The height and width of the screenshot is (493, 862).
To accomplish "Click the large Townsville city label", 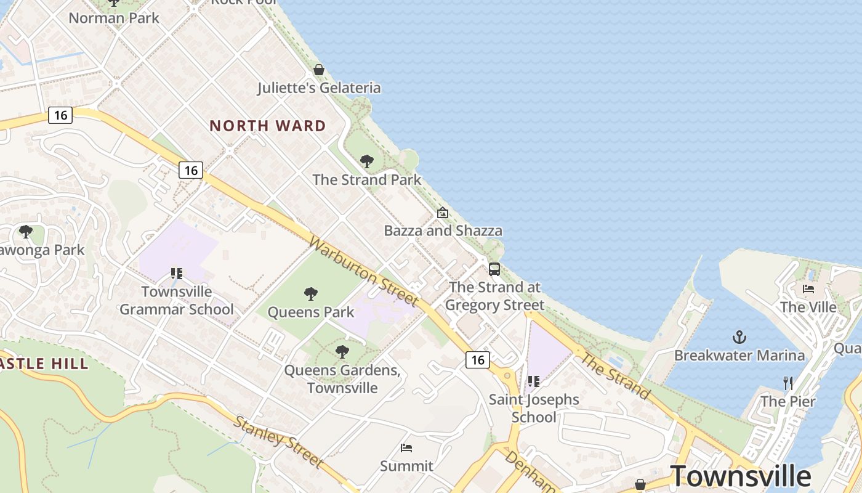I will pyautogui.click(x=740, y=476).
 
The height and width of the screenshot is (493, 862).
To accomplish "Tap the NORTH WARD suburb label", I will pyautogui.click(x=268, y=126).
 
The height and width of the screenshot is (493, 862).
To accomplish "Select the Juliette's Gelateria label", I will pyautogui.click(x=319, y=88).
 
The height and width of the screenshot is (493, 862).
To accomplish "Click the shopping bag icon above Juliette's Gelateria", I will pyautogui.click(x=319, y=70).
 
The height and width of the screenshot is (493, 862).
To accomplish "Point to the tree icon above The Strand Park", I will pyautogui.click(x=367, y=161).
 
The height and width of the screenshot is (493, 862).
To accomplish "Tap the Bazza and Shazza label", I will pyautogui.click(x=443, y=231).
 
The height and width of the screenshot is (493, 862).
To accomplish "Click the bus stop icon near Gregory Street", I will pyautogui.click(x=494, y=269).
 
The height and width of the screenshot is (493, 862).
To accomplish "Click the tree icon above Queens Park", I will pyautogui.click(x=311, y=294).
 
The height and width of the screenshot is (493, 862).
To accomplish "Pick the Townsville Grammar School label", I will pyautogui.click(x=177, y=300).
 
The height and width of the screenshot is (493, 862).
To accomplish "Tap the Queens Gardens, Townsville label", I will pyautogui.click(x=342, y=379).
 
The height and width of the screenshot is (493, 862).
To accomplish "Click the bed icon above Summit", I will pyautogui.click(x=406, y=448).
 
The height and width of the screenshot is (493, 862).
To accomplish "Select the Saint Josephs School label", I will pyautogui.click(x=534, y=408).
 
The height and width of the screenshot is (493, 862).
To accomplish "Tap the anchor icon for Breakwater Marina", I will pyautogui.click(x=739, y=337).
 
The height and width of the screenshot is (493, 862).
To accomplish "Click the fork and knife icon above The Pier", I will pyautogui.click(x=788, y=383).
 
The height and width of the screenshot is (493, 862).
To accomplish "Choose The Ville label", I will pyautogui.click(x=808, y=307).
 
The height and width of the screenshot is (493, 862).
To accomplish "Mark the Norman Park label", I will pyautogui.click(x=114, y=18).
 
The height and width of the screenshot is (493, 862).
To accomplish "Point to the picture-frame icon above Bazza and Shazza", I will pyautogui.click(x=443, y=213).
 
